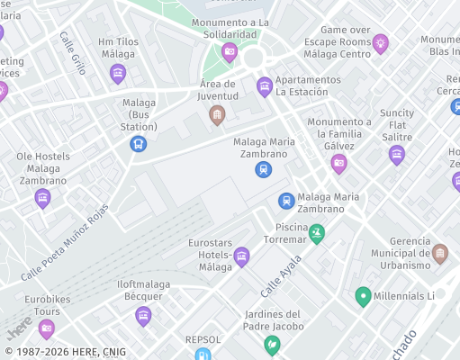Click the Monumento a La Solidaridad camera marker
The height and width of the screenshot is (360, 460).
pos(230,52)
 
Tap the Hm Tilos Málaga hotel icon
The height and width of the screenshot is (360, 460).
pos(118,73)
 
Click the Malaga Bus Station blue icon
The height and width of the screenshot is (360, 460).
pos(138,142)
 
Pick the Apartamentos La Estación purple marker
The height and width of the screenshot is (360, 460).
pos(265,86)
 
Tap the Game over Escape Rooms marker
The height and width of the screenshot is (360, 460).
pos(381,42)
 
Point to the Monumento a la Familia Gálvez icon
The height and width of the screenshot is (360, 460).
pos(338,163)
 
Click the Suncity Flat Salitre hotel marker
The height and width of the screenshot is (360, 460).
pos(397,155)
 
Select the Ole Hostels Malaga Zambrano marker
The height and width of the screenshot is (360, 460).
pos(42,198)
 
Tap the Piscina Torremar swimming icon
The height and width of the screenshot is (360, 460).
pos(316,234)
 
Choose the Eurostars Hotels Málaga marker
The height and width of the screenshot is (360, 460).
pos(241,257)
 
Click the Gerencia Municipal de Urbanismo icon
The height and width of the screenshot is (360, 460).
pos(439,254)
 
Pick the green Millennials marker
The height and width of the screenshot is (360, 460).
pos(364,296)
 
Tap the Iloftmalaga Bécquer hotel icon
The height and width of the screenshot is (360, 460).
pos(143,316)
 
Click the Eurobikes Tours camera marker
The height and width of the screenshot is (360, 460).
pos(47,328)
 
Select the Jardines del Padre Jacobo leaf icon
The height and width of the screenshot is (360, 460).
pos(271,344)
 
